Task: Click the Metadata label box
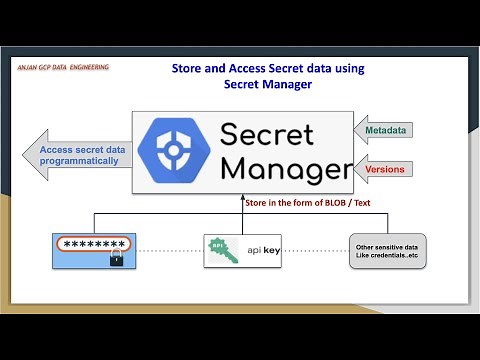pyautogui.click(x=385, y=130)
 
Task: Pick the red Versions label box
pyautogui.click(x=385, y=169)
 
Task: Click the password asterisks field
pyautogui.click(x=93, y=243)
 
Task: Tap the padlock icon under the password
pyautogui.click(x=115, y=260)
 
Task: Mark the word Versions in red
pyautogui.click(x=385, y=169)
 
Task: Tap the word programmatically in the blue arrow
pyautogui.click(x=85, y=160)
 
